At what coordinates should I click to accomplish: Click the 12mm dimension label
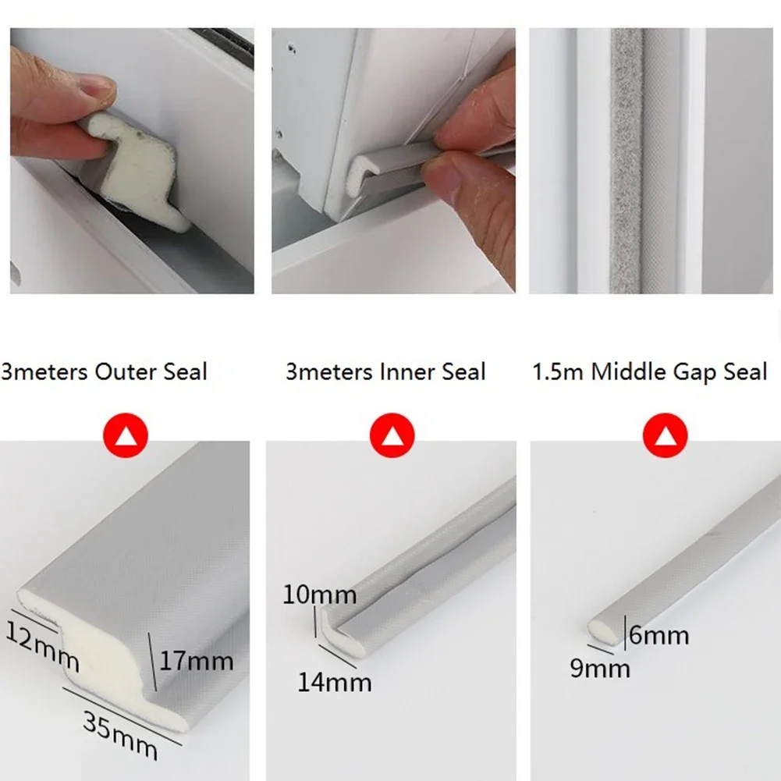43,647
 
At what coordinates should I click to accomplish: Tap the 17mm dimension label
197,661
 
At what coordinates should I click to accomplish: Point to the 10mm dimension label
320,595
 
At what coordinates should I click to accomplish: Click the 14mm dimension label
334,683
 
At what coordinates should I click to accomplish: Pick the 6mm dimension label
659,635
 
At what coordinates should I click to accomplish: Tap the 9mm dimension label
600,669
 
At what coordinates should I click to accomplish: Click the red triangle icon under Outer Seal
126,435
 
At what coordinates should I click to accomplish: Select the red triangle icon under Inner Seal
392,435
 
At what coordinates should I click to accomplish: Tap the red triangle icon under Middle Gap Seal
665,435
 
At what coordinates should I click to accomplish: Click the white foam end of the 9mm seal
602,631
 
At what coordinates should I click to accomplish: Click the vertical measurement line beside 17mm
152,662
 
